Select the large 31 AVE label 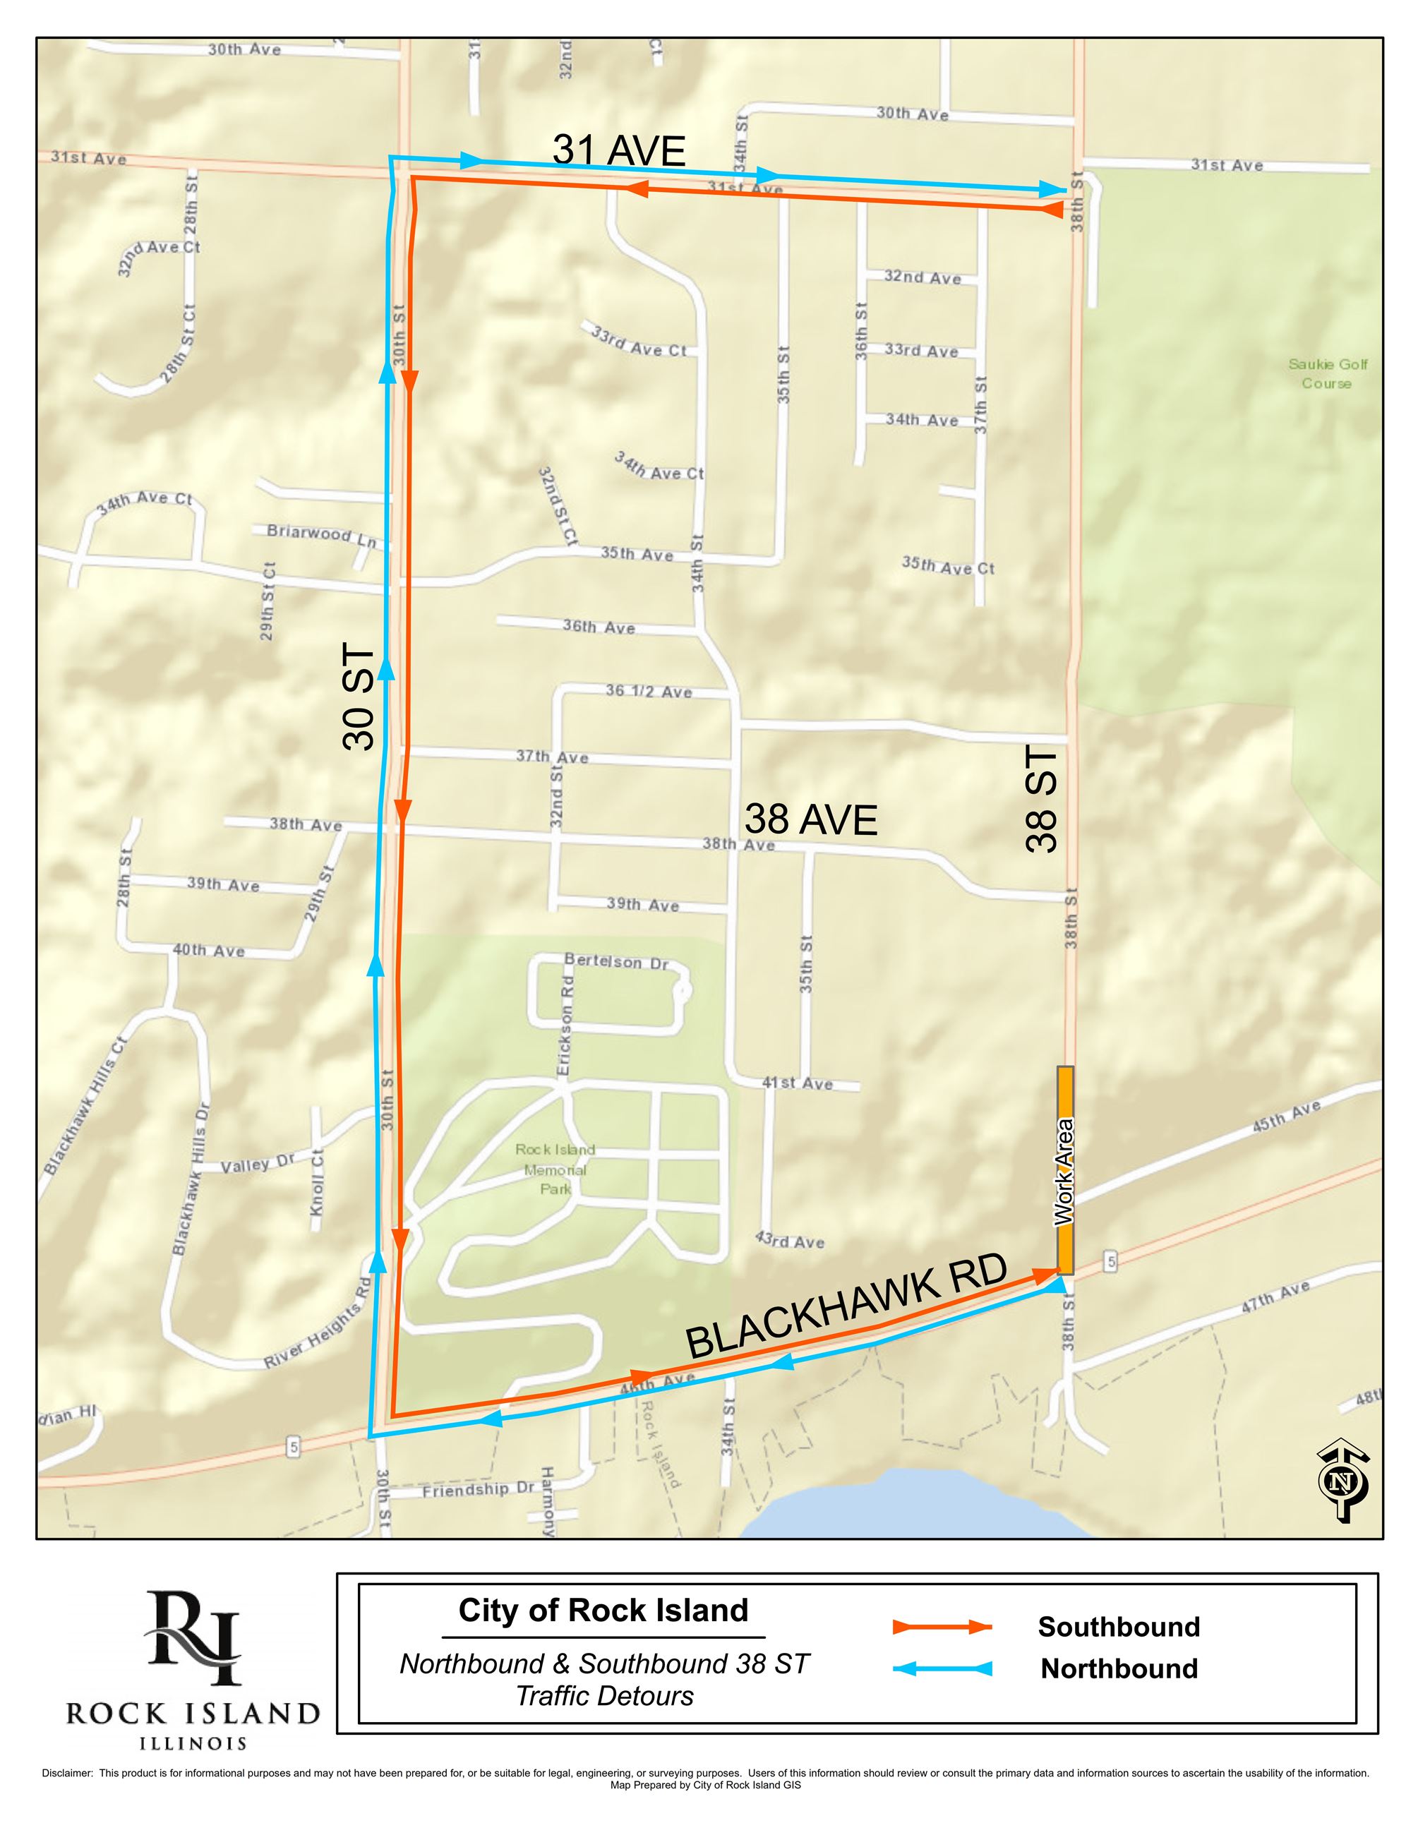(619, 151)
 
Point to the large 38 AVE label (811, 820)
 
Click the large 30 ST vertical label (359, 697)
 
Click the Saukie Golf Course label (1327, 374)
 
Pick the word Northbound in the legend (1118, 1668)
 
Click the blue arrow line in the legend (942, 1668)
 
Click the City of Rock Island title (603, 1610)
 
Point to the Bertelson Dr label (615, 961)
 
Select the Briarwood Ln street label (322, 535)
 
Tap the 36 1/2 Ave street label (649, 692)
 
